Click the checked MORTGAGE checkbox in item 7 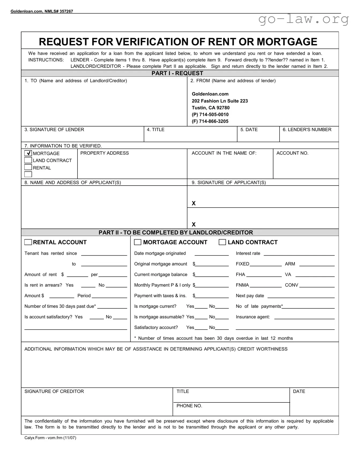pos(28,153)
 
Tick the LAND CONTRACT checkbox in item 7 pos(28,160)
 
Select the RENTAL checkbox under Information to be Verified pos(28,167)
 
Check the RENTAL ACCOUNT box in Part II pos(28,242)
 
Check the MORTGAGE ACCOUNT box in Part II pos(138,242)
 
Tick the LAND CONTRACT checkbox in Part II pos(222,242)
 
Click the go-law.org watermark pos(303,19)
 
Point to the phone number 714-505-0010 pos(214,114)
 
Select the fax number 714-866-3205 pos(214,121)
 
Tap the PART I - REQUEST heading pos(177,73)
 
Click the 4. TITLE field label pos(155,130)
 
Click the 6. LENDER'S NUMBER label pos(307,130)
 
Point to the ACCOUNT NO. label pos(292,153)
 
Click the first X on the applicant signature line pos(194,203)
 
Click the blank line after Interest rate pos(299,254)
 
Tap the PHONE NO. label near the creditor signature pos(189,406)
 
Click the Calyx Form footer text pos(50,438)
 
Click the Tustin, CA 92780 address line pos(210,108)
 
